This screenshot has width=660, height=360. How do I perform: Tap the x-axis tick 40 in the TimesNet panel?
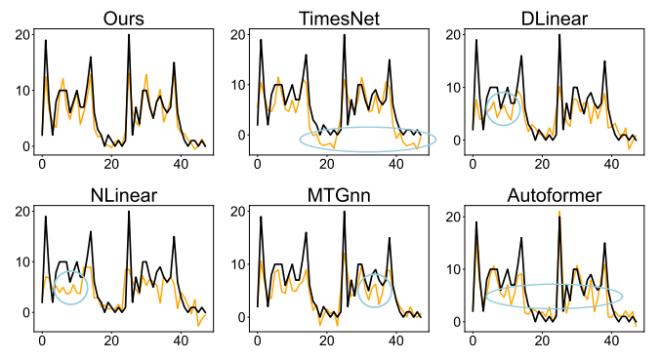click(395, 164)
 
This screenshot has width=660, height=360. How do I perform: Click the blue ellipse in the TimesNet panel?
click(367, 140)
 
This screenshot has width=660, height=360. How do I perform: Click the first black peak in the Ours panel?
click(45, 41)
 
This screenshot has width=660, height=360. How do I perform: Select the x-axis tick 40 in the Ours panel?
click(181, 164)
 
